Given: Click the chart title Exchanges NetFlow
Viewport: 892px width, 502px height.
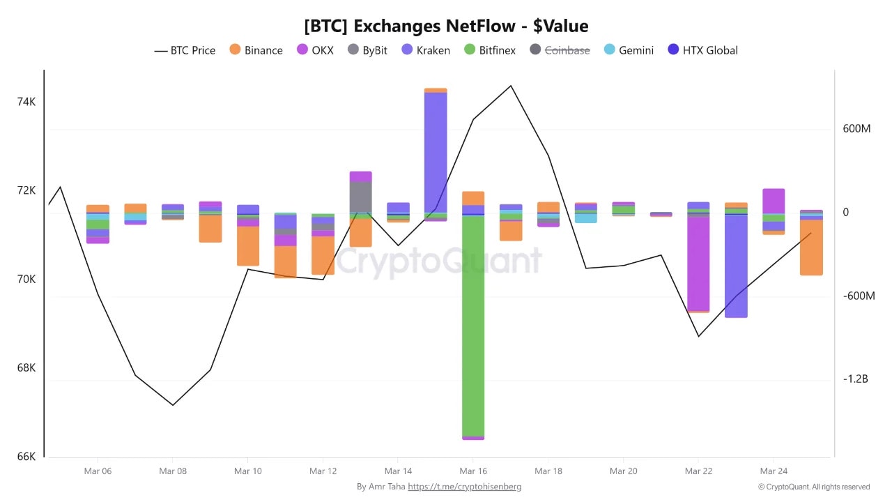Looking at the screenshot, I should click(x=446, y=26).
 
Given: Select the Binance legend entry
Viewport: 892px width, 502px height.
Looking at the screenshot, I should click(x=256, y=50).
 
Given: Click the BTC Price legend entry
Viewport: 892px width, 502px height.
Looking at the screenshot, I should click(x=185, y=50).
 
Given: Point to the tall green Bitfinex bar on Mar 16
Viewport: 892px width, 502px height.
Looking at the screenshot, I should click(x=473, y=326).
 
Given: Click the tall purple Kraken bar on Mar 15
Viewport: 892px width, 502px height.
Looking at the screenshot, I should click(x=436, y=152).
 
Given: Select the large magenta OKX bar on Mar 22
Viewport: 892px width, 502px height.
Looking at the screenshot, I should click(x=698, y=264).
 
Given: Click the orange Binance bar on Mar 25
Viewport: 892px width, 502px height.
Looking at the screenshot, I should click(x=811, y=248).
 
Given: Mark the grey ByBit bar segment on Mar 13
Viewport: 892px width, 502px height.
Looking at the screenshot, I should click(x=360, y=197).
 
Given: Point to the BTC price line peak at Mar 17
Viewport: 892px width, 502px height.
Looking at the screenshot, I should click(x=511, y=86).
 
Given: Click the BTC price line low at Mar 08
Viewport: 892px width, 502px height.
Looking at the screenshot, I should click(x=173, y=404).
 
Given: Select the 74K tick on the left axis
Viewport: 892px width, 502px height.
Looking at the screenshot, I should click(x=26, y=102).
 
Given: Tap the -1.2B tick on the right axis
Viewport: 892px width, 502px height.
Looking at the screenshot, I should click(x=855, y=379).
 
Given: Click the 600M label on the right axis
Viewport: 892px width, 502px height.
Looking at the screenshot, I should click(x=856, y=129).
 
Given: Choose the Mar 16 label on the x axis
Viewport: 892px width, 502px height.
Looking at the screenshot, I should click(x=473, y=471).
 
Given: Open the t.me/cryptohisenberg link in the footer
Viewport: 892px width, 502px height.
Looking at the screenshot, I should click(x=464, y=487).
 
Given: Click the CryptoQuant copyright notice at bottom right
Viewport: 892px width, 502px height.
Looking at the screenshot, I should click(x=813, y=487).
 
